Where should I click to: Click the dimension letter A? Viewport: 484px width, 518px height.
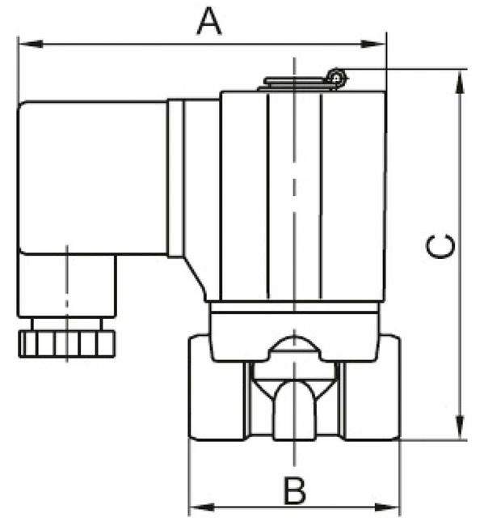coord(209,20)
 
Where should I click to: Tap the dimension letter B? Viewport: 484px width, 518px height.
coord(295,490)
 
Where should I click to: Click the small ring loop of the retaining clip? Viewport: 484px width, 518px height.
coord(337,77)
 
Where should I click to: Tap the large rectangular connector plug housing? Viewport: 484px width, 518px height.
coord(93,178)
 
